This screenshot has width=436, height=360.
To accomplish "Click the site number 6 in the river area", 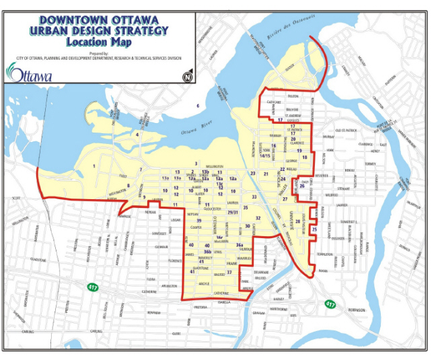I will click(198, 106).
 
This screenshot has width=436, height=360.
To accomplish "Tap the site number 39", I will click(198, 220).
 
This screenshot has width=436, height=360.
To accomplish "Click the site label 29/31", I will click(233, 213).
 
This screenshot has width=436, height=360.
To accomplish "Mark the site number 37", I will click(229, 272).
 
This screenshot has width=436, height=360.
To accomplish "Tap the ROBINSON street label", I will click(356, 310).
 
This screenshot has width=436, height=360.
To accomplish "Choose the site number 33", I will click(254, 196).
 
